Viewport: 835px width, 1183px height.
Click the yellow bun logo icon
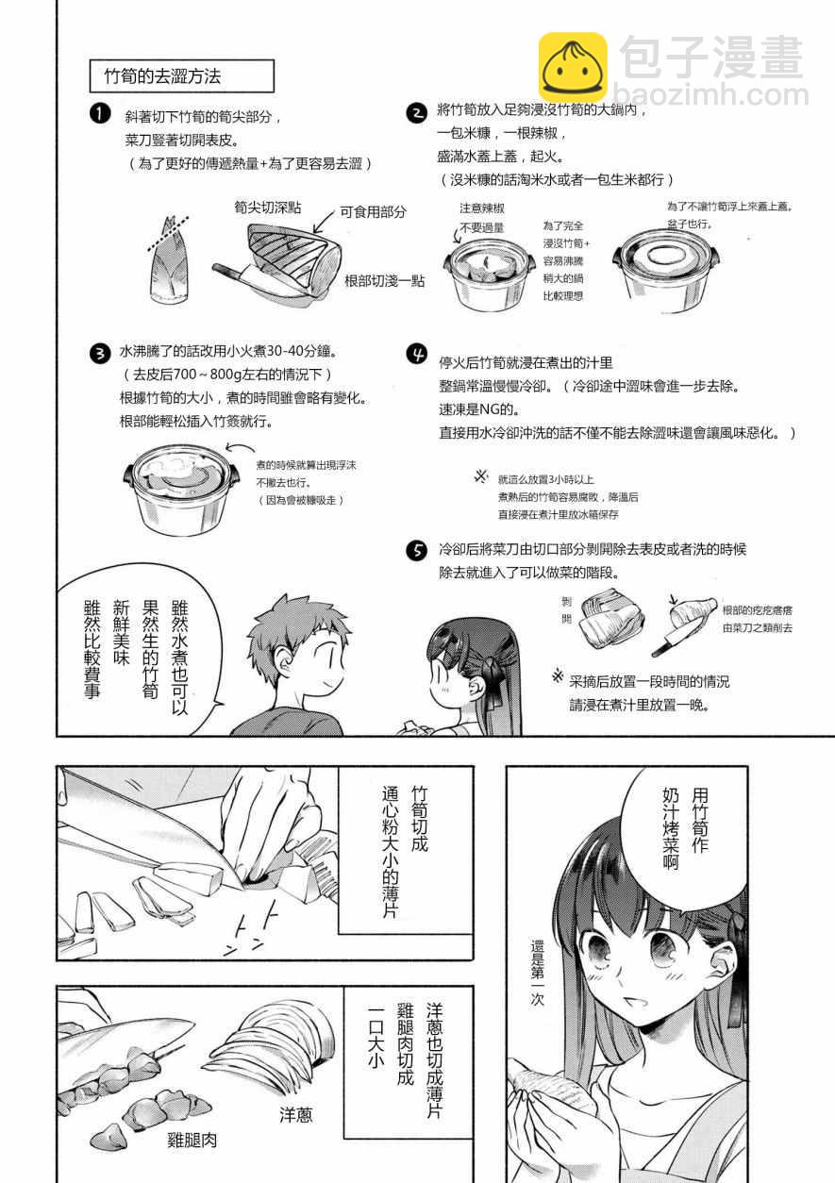tap(573, 67)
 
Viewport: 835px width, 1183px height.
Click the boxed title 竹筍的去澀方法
tap(182, 76)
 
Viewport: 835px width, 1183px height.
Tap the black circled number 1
tap(100, 114)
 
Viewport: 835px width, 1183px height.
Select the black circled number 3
tap(100, 353)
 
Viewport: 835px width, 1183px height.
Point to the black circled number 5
tap(417, 551)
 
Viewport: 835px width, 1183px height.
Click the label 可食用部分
tap(373, 212)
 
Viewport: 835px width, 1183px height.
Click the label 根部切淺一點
tap(385, 280)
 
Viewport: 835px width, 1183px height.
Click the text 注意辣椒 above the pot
tap(482, 208)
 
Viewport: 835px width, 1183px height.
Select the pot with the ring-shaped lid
tap(666, 271)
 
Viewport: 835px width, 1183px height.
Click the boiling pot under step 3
tap(181, 491)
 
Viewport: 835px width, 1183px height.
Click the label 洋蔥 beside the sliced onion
tap(295, 1115)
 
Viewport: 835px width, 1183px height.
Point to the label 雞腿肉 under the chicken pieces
tap(192, 1141)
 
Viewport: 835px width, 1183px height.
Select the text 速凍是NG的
tap(479, 409)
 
